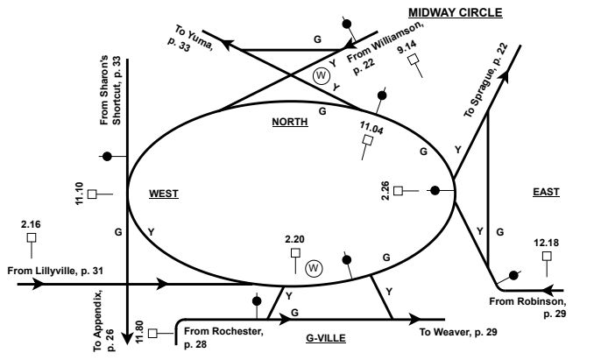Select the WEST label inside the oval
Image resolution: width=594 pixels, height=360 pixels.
click(x=163, y=194)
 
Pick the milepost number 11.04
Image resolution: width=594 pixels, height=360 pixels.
click(x=371, y=129)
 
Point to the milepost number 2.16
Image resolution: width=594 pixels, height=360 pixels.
click(x=31, y=225)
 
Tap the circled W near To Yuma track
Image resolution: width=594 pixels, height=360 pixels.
click(x=320, y=75)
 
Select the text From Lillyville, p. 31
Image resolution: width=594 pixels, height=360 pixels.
click(x=55, y=270)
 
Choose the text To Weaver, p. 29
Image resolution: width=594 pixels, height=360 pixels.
click(x=458, y=332)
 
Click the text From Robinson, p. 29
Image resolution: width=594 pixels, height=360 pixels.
click(x=529, y=307)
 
